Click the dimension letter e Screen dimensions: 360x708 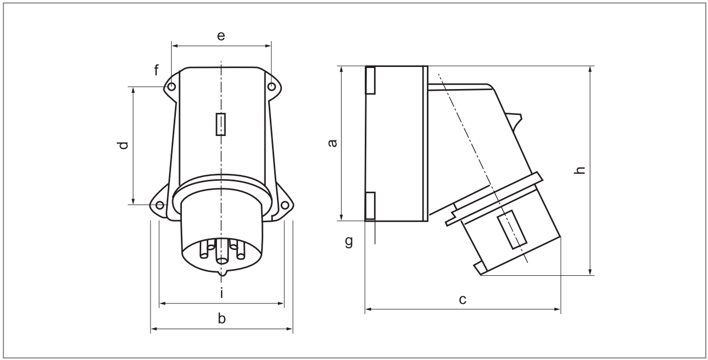tap(221, 36)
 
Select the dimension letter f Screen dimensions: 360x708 tap(157, 70)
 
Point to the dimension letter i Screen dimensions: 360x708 tap(221, 293)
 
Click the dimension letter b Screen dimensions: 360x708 tap(221, 319)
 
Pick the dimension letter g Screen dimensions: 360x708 tap(349, 241)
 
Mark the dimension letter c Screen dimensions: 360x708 tap(462, 300)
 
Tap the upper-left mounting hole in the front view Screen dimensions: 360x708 tap(172, 86)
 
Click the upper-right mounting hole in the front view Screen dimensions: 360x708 tap(271, 86)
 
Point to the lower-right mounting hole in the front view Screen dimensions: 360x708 tap(284, 205)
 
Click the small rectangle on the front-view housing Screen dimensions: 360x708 tap(221, 124)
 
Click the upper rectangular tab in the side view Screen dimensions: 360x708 tap(370, 80)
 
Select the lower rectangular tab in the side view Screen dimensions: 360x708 tap(370, 206)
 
